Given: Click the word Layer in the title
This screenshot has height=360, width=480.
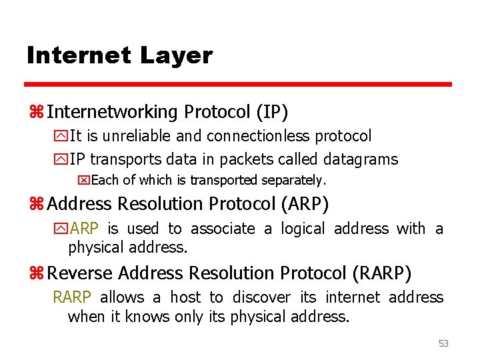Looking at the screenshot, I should pyautogui.click(x=176, y=55).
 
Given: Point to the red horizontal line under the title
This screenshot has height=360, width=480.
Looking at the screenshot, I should pyautogui.click(x=238, y=85).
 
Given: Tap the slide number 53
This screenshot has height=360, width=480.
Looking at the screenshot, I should pyautogui.click(x=443, y=343).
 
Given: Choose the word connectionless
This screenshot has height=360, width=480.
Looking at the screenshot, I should pyautogui.click(x=258, y=136).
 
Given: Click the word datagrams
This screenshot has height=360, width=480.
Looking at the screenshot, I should pyautogui.click(x=361, y=159).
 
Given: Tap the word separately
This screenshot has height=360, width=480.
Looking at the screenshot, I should pyautogui.click(x=296, y=180).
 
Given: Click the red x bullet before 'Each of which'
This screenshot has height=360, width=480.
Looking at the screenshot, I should pyautogui.click(x=83, y=180).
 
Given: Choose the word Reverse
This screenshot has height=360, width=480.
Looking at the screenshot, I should pyautogui.click(x=79, y=273).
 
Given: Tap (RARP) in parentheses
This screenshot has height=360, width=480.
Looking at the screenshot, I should pyautogui.click(x=383, y=273).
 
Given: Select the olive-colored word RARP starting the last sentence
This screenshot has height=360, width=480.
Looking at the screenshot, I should pyautogui.click(x=71, y=297).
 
